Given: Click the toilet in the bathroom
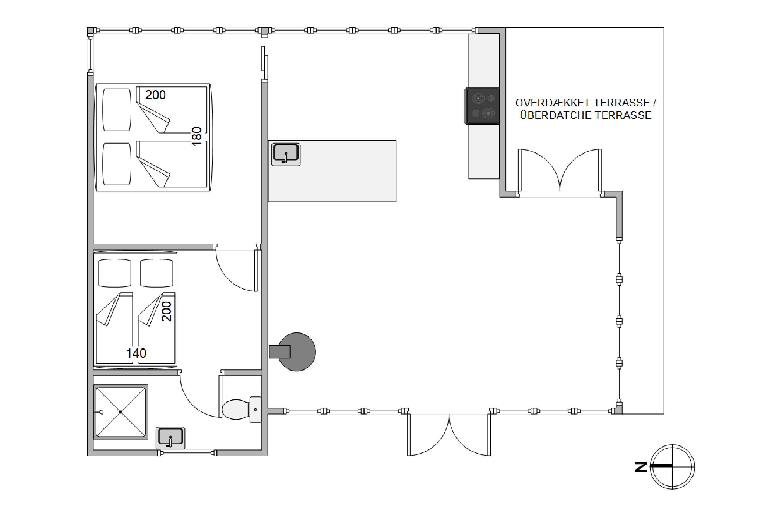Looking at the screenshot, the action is (x=241, y=409).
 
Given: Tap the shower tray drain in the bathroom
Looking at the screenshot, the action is (x=121, y=411).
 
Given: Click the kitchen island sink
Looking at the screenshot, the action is (x=286, y=154).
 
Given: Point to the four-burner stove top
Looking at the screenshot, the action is (x=482, y=106).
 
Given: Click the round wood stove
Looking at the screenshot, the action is (x=297, y=352).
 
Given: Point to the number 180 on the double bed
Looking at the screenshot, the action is (x=196, y=137).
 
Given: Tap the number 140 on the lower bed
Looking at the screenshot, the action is (x=136, y=353).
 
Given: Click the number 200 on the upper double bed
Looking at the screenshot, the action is (x=155, y=95).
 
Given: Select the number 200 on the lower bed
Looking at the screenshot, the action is (x=167, y=311).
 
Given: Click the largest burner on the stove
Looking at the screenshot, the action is (x=488, y=113).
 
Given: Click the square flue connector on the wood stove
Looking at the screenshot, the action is (x=280, y=352).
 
